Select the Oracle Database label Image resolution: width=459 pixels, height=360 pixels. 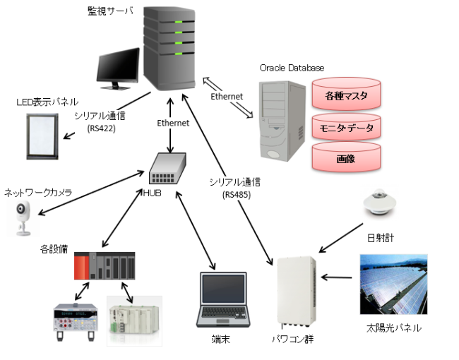tap(292, 68)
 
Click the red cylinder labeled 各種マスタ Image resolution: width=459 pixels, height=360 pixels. tap(346, 94)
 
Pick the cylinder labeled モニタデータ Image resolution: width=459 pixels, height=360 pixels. tap(346, 127)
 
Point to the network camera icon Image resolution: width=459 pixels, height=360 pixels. tap(23, 218)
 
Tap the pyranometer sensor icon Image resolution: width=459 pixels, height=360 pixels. tap(381, 205)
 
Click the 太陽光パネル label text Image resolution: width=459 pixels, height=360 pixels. tap(393, 328)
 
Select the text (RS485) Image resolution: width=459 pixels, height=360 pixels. tap(235, 194)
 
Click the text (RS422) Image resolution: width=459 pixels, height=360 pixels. tap(101, 128)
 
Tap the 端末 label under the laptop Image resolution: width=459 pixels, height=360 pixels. tap(221, 340)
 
